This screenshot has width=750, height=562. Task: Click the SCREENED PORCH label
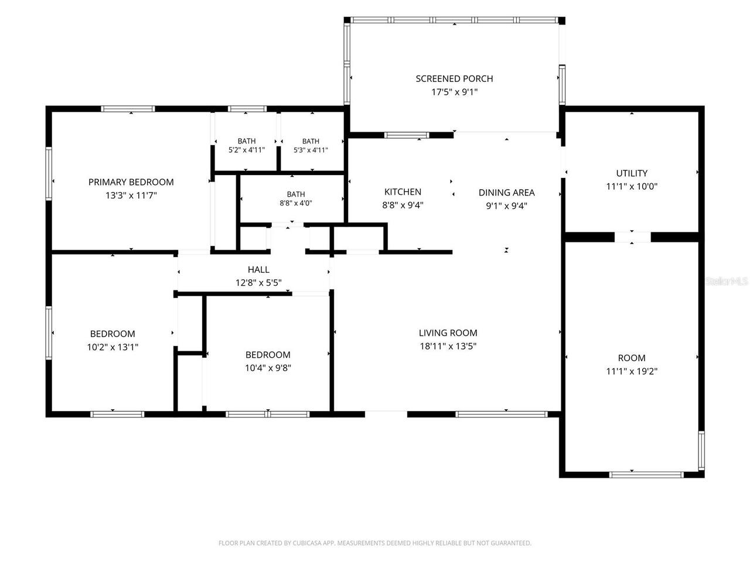click(x=454, y=79)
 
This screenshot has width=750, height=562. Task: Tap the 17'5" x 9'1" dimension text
click(x=455, y=92)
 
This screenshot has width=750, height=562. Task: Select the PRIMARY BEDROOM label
click(x=131, y=182)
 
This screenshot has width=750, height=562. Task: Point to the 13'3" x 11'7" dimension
click(x=131, y=196)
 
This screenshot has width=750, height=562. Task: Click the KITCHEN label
click(x=403, y=192)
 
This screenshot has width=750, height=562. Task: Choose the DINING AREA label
click(x=506, y=193)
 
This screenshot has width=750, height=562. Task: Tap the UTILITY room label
click(x=632, y=173)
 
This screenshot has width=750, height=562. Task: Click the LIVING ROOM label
click(x=448, y=333)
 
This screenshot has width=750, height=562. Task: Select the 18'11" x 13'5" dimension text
click(x=448, y=347)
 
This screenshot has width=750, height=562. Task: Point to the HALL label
click(x=258, y=269)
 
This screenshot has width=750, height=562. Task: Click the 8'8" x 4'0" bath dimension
click(x=295, y=203)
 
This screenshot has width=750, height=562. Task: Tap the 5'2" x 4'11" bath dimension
click(x=246, y=150)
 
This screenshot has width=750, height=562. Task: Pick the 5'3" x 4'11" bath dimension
click(x=311, y=150)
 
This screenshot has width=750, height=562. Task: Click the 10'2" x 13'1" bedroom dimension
click(x=112, y=347)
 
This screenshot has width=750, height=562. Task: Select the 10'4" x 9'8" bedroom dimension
click(x=268, y=368)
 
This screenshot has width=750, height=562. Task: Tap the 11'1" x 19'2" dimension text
click(x=632, y=371)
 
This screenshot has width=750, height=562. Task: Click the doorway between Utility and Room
click(x=632, y=237)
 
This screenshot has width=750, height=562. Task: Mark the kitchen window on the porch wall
click(x=406, y=135)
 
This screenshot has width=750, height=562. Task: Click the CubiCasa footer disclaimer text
click(x=375, y=543)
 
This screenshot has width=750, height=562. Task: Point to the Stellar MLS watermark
click(x=727, y=281)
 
